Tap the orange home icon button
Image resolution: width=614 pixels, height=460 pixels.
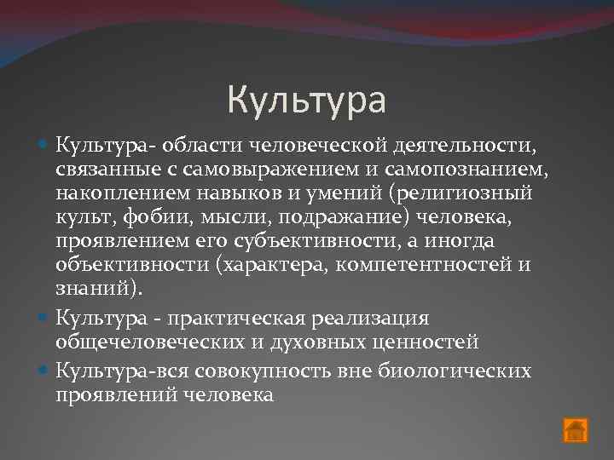[x=576, y=430]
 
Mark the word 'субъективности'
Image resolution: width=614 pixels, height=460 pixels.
[x=289, y=242]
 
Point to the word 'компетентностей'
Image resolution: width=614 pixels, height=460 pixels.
[x=421, y=265]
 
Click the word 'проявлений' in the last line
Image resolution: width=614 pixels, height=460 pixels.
[x=111, y=394]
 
